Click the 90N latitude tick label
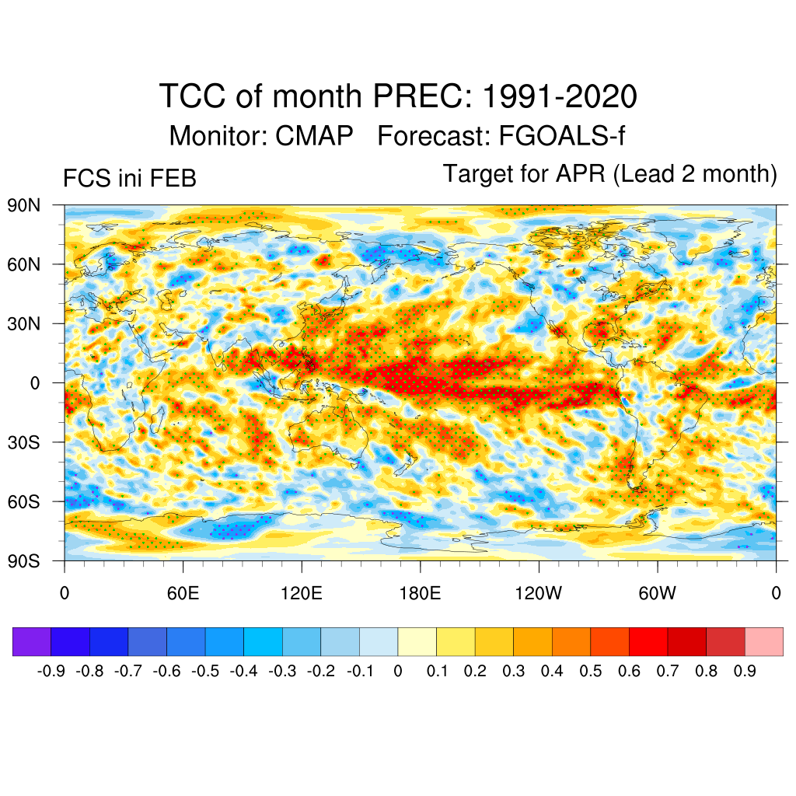tap(24, 206)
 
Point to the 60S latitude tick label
tap(24, 501)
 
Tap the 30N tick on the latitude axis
tap(24, 324)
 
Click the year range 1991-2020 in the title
tap(560, 98)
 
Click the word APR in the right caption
tap(581, 174)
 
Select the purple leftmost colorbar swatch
tap(32, 641)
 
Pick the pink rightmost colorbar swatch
tap(763, 641)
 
